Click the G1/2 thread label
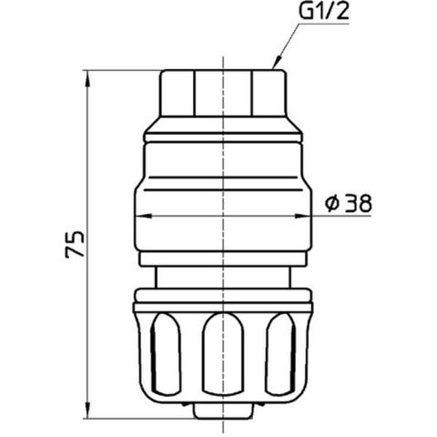pyautogui.click(x=324, y=12)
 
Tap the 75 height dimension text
pyautogui.click(x=75, y=244)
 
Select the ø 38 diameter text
pyautogui.click(x=348, y=203)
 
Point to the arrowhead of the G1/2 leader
pyautogui.click(x=276, y=64)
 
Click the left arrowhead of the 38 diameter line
pyautogui.click(x=143, y=216)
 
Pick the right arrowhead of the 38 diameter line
pyautogui.click(x=303, y=216)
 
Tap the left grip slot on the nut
pyautogui.click(x=166, y=354)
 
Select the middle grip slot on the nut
pyautogui.click(x=223, y=354)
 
